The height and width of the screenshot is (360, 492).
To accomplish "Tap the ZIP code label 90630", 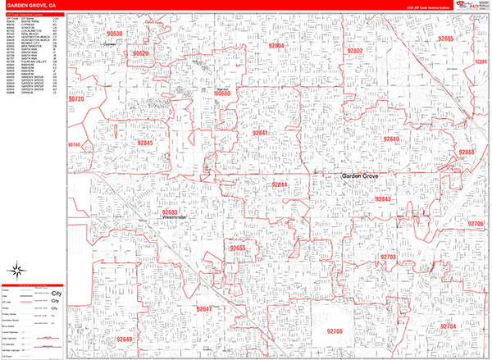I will [115, 34].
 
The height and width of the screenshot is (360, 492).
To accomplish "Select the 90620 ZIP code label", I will [140, 54].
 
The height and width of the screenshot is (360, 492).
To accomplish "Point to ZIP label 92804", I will [275, 46].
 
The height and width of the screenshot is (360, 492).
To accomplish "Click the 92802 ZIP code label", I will [354, 51].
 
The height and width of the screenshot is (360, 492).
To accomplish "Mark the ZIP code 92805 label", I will [445, 39].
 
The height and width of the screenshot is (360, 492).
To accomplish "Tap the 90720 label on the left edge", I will [76, 98].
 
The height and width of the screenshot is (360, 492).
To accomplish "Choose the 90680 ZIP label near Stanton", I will [222, 94].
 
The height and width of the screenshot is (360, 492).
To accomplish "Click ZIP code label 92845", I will [144, 143].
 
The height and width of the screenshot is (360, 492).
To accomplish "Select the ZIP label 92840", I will [390, 139].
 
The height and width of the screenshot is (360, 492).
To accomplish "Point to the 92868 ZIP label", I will [467, 153].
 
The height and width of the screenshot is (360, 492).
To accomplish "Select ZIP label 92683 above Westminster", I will [170, 212].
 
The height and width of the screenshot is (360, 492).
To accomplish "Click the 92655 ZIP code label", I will [238, 248].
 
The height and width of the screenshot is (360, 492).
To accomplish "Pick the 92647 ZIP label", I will [204, 309].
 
